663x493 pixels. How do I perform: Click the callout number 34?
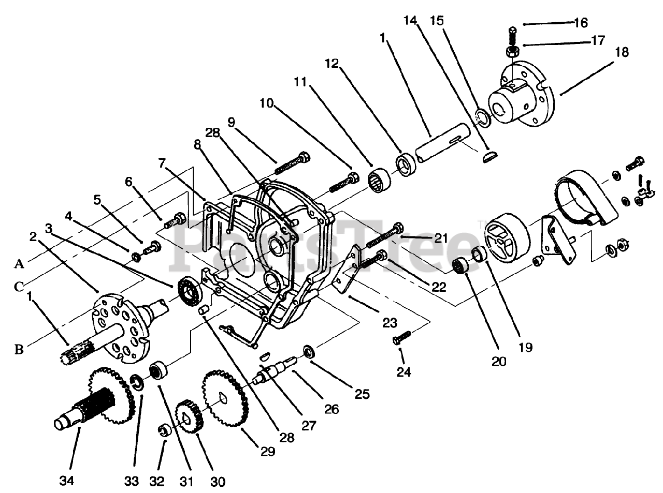pyautogui.click(x=67, y=481)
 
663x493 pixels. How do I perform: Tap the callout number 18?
pyautogui.click(x=622, y=52)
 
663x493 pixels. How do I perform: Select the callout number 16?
pyautogui.click(x=581, y=23)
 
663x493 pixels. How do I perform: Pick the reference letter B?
pyautogui.click(x=19, y=350)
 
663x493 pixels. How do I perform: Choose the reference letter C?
pyautogui.click(x=19, y=286)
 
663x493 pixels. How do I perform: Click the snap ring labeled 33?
pyautogui.click(x=137, y=383)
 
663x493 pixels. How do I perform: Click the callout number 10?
pyautogui.click(x=266, y=103)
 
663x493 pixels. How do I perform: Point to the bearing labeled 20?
pyautogui.click(x=459, y=267)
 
